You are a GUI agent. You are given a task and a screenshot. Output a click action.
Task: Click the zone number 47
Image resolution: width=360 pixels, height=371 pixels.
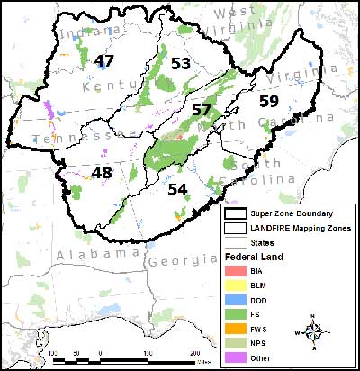(x=104, y=61)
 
